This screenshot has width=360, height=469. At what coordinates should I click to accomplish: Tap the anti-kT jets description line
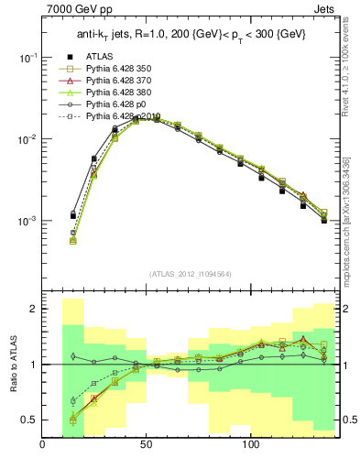(x=190, y=35)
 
